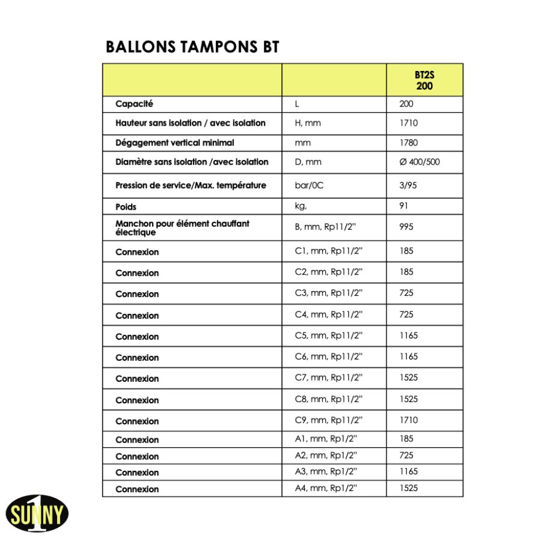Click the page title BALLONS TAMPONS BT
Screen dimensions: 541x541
(x=192, y=47)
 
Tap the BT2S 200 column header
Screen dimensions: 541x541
(x=424, y=81)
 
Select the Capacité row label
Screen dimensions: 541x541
(x=134, y=104)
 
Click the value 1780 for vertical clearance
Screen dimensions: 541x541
(x=408, y=143)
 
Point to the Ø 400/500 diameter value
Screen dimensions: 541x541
(x=420, y=162)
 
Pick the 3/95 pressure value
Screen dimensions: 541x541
(x=408, y=185)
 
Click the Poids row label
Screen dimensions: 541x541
(x=126, y=207)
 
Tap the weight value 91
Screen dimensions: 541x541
(x=403, y=206)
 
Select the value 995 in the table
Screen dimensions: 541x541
(x=406, y=227)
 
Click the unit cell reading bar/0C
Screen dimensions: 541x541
(x=309, y=185)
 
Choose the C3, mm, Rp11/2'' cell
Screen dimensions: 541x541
(x=328, y=293)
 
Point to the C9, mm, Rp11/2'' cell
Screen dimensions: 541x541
(x=328, y=420)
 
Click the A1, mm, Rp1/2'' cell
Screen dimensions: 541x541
(x=326, y=439)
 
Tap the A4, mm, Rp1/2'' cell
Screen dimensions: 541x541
(x=326, y=488)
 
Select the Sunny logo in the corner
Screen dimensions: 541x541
(x=37, y=513)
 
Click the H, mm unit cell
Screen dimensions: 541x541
(x=308, y=123)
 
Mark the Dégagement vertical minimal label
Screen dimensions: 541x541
(x=174, y=143)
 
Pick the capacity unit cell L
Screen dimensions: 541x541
(x=297, y=104)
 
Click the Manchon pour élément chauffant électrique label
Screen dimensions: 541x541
(x=182, y=227)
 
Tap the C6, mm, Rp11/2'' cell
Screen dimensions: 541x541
(x=328, y=356)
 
